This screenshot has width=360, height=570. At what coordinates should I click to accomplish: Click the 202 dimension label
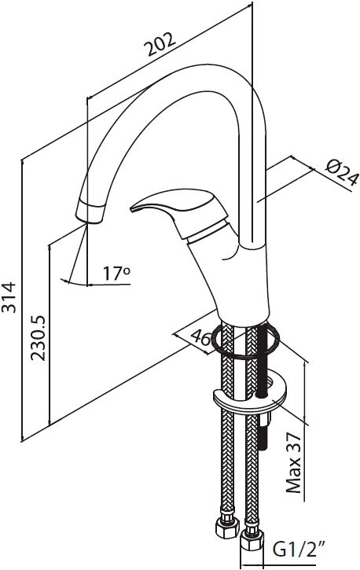[160, 44]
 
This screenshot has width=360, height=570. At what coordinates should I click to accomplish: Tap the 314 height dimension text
[9, 297]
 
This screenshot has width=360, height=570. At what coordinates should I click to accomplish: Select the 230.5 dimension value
[39, 338]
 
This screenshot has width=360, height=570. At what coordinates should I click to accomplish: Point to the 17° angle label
[116, 274]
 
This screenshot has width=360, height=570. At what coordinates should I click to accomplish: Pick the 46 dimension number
[201, 338]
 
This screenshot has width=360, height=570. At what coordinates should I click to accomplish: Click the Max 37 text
[294, 463]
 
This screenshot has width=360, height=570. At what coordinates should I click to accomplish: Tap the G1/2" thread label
[298, 550]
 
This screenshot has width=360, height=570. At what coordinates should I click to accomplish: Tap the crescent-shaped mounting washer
[251, 398]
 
